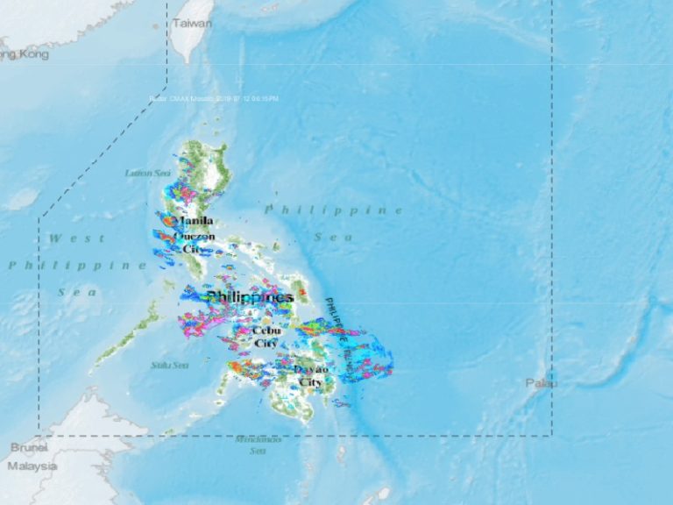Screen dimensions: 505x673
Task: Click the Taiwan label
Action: (192, 24)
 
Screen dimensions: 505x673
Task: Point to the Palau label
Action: (541, 383)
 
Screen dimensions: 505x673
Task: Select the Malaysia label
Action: (32, 466)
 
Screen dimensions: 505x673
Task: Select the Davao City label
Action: (311, 376)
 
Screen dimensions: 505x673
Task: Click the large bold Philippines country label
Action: (250, 297)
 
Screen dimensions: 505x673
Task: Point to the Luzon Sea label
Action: (147, 173)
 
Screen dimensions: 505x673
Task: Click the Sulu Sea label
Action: (169, 365)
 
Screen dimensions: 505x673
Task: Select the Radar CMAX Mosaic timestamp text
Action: (214, 98)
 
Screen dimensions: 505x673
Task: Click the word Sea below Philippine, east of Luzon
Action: (333, 237)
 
